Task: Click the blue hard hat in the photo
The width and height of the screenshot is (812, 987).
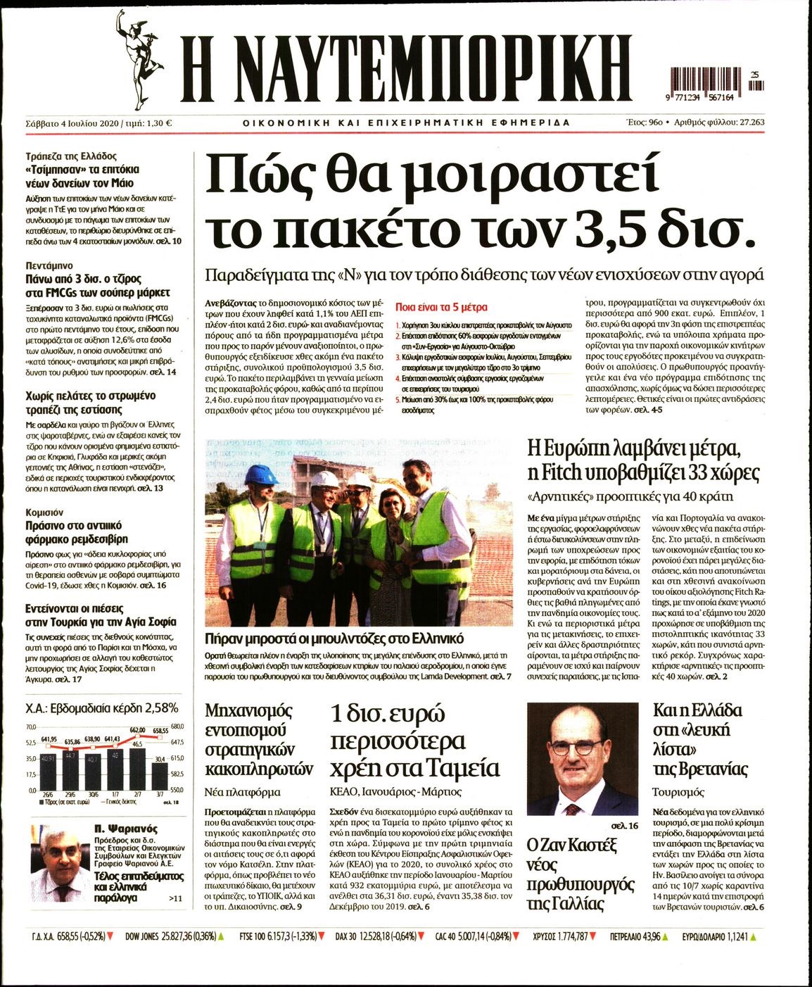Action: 259,474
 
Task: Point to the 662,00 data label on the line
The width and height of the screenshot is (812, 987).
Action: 137,730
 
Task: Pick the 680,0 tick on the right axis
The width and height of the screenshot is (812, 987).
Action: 176,727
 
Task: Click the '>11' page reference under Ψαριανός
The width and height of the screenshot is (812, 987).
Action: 175,899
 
